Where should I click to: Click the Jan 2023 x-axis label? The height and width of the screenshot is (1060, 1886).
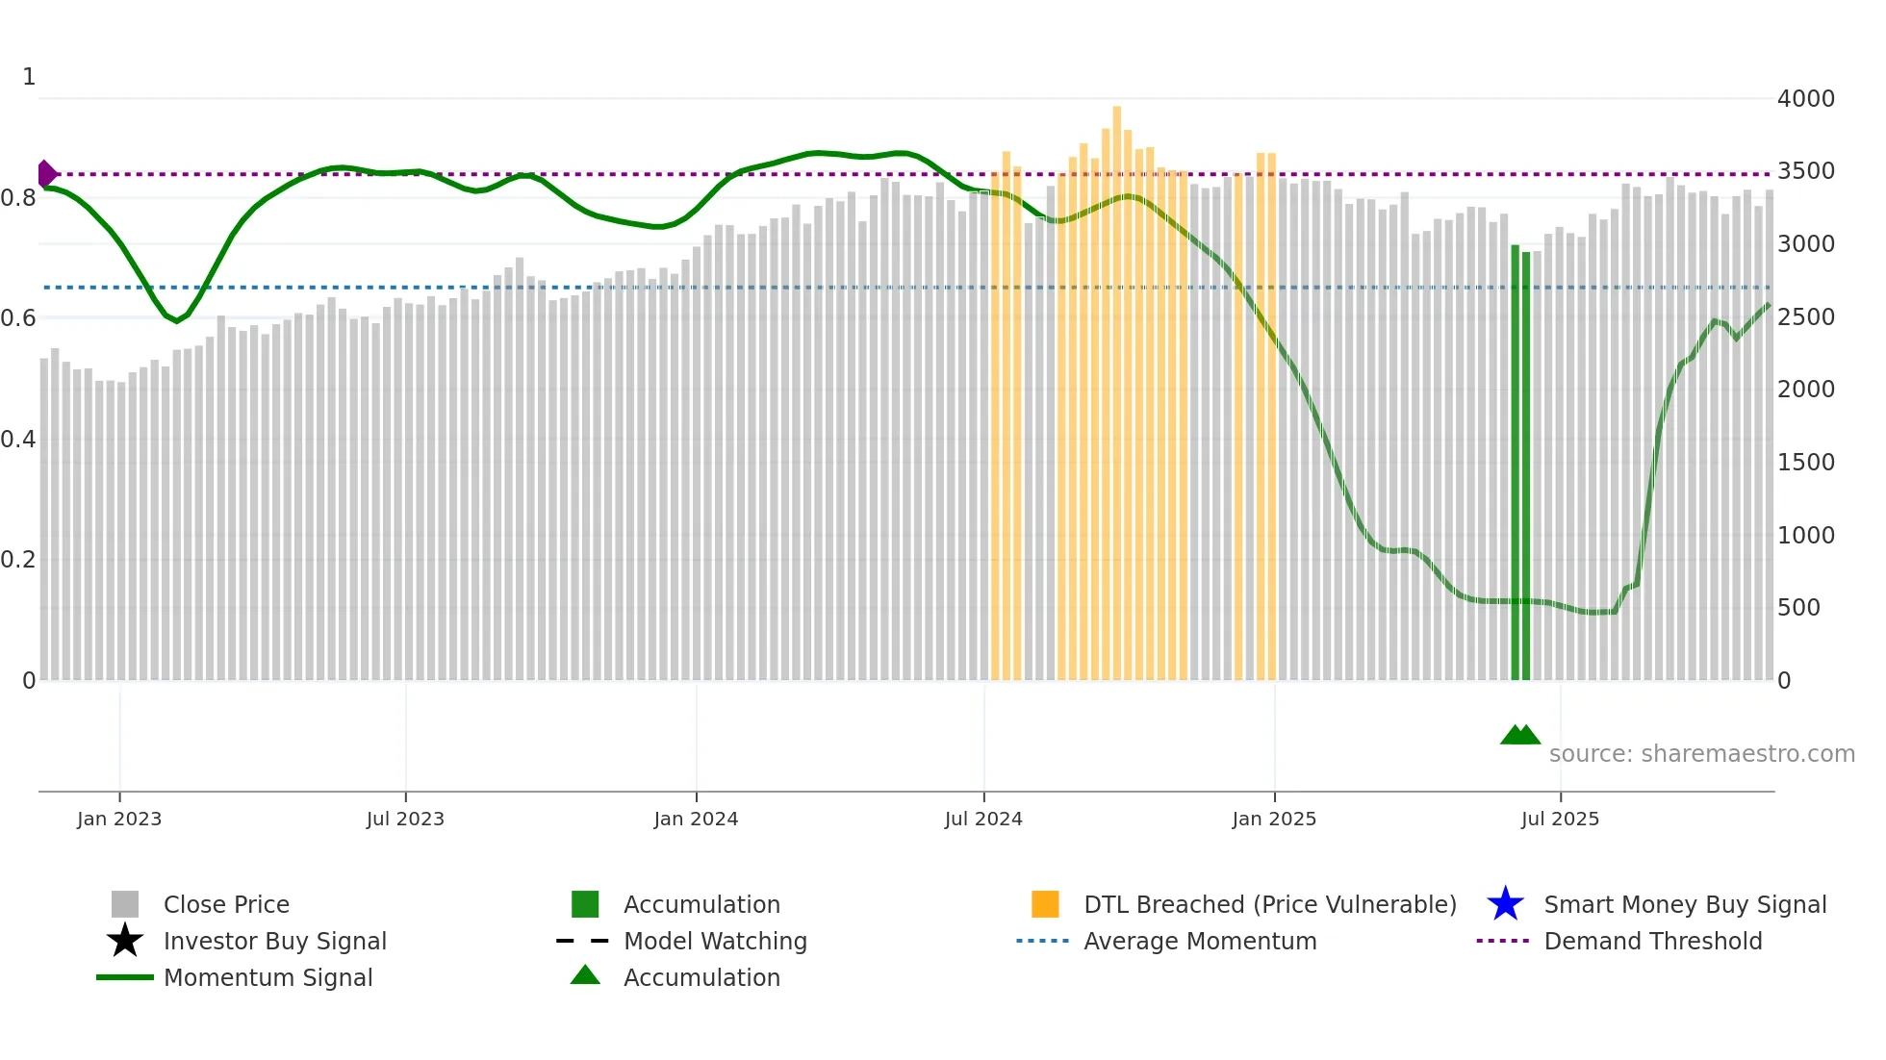click(x=119, y=819)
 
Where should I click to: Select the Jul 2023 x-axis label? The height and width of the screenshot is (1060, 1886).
click(x=405, y=819)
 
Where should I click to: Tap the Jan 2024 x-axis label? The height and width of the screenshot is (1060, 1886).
click(x=696, y=819)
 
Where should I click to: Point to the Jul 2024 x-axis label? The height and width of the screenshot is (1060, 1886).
click(x=983, y=819)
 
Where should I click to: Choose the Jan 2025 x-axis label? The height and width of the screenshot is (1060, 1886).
click(x=1274, y=819)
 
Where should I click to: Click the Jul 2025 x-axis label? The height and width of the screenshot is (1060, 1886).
click(x=1560, y=819)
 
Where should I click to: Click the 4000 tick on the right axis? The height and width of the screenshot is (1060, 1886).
click(x=1805, y=98)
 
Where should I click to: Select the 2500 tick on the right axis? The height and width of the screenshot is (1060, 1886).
click(x=1805, y=316)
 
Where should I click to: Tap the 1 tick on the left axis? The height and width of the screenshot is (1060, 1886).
click(x=29, y=77)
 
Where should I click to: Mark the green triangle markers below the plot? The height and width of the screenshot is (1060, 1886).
click(x=1519, y=735)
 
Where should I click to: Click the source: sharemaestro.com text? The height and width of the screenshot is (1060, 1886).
click(x=1701, y=753)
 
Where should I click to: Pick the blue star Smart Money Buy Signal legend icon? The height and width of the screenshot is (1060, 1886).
click(x=1505, y=904)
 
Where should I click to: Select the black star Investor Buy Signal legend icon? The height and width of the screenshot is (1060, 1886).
click(x=125, y=941)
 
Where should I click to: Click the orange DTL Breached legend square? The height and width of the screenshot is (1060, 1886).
click(x=1045, y=904)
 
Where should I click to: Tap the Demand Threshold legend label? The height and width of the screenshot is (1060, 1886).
click(x=1652, y=941)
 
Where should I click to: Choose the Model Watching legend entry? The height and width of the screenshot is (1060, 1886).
click(x=714, y=941)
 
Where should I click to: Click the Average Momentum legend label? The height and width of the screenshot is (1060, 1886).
click(x=1200, y=941)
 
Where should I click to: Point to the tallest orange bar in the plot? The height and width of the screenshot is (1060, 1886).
click(x=1116, y=385)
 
